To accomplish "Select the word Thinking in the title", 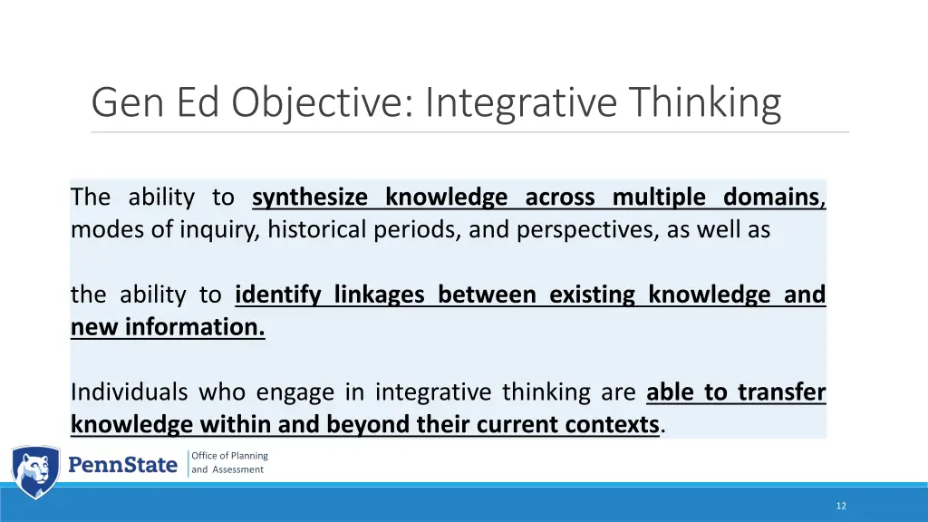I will [x=708, y=102].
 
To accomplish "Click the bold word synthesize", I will [x=310, y=197].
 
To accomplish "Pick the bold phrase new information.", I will [x=168, y=327].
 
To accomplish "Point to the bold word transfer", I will [x=781, y=392].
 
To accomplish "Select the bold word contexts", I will [x=613, y=424].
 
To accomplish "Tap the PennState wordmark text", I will [x=123, y=465].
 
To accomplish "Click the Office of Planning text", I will [x=229, y=456].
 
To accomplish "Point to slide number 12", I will [x=841, y=506].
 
